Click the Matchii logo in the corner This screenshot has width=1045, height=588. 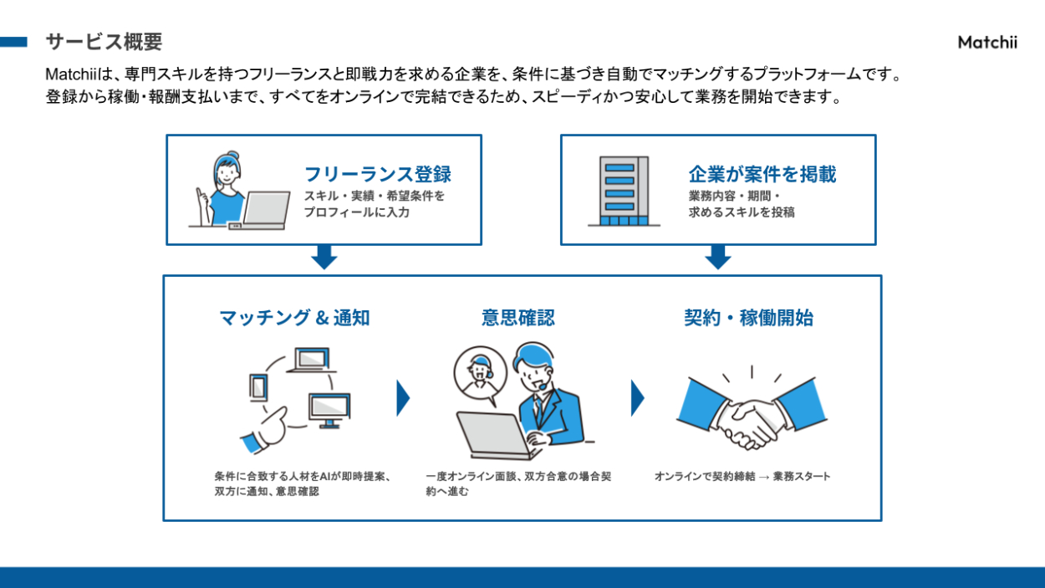click(x=987, y=43)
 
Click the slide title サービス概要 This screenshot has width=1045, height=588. click(x=104, y=42)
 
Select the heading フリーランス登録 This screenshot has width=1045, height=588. click(x=377, y=174)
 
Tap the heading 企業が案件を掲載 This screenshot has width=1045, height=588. click(x=762, y=174)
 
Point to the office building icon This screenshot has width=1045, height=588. click(x=619, y=191)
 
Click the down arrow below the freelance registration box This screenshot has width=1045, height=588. click(x=324, y=257)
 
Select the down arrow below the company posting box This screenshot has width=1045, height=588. click(x=717, y=257)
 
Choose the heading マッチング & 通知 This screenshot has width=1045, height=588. click(x=294, y=318)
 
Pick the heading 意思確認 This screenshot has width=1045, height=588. click(x=517, y=318)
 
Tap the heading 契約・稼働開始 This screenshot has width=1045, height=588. click(x=748, y=318)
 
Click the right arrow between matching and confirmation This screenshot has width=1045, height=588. click(x=403, y=398)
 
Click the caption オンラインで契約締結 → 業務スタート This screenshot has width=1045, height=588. click(x=742, y=477)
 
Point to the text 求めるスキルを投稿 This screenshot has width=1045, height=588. click(x=741, y=212)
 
